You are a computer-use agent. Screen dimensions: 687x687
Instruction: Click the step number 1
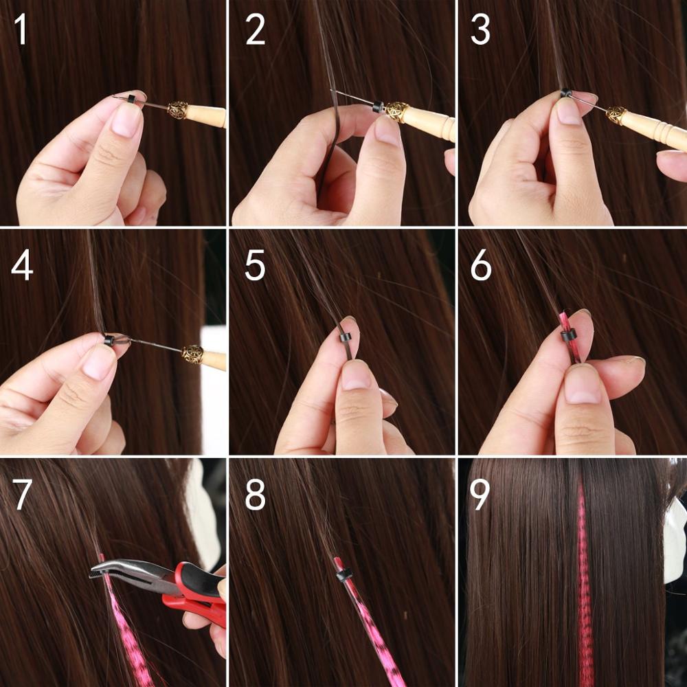tap(21, 32)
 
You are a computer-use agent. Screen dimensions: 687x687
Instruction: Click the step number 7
tap(22, 494)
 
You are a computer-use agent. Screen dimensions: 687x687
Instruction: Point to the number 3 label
tap(481, 32)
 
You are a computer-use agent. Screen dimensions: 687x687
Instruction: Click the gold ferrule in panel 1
tap(178, 110)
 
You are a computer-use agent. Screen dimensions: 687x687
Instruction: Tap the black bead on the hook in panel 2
tap(378, 106)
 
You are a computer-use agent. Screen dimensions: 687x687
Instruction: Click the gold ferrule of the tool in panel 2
tap(396, 112)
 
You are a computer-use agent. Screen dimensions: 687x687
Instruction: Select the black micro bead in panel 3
tap(565, 93)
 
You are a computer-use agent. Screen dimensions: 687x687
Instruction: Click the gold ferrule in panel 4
tap(192, 354)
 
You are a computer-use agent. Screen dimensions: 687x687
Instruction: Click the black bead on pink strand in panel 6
tap(567, 335)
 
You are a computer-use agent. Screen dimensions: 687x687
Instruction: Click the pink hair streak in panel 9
tap(584, 584)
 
